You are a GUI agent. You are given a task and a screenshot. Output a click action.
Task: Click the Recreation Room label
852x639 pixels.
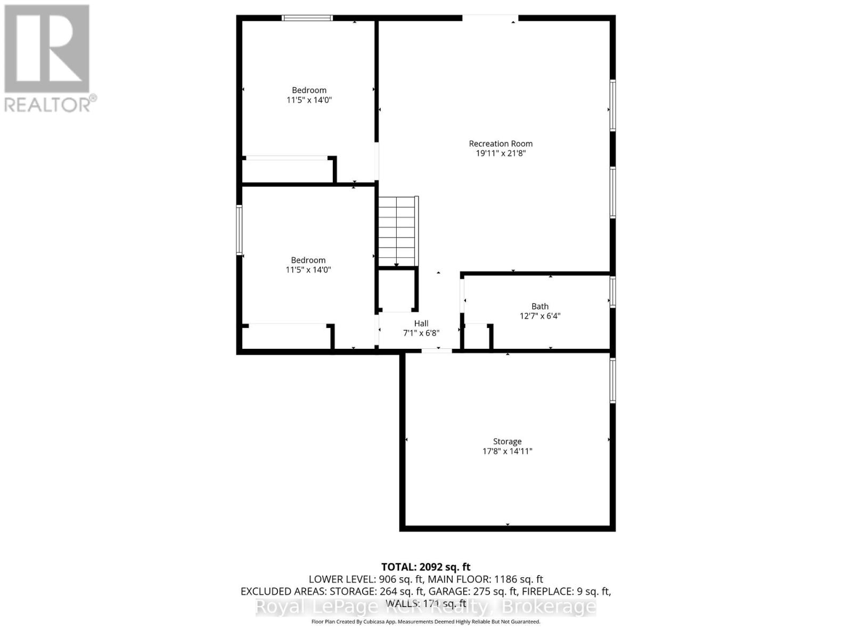point(501,143)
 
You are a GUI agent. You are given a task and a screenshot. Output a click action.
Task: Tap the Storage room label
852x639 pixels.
point(507,441)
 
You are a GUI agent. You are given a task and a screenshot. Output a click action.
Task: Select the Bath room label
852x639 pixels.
point(539,306)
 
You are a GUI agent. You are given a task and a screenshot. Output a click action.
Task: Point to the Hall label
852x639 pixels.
point(421,323)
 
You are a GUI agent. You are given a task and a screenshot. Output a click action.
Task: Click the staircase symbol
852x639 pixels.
point(397,231)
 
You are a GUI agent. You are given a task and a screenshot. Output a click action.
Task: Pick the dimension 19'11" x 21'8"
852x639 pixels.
point(501,153)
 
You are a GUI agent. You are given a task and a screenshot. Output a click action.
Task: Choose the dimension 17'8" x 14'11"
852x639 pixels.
point(507,452)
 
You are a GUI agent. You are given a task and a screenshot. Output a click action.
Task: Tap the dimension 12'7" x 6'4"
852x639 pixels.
point(540,316)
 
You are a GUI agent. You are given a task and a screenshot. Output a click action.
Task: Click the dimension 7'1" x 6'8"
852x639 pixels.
point(421,333)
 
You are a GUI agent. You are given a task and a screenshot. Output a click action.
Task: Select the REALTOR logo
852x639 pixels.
point(48,59)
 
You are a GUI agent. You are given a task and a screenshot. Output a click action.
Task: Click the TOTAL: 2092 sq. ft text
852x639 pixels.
point(425,567)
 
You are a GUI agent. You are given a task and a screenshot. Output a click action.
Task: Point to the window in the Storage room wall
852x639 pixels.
point(613,380)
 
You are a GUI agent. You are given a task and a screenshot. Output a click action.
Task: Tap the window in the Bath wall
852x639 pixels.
point(613,292)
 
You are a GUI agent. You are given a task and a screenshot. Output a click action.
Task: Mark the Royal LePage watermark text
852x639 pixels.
point(426,607)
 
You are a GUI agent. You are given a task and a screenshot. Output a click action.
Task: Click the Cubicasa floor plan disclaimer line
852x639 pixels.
point(425,622)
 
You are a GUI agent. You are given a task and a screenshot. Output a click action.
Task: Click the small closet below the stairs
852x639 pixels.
point(397,291)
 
